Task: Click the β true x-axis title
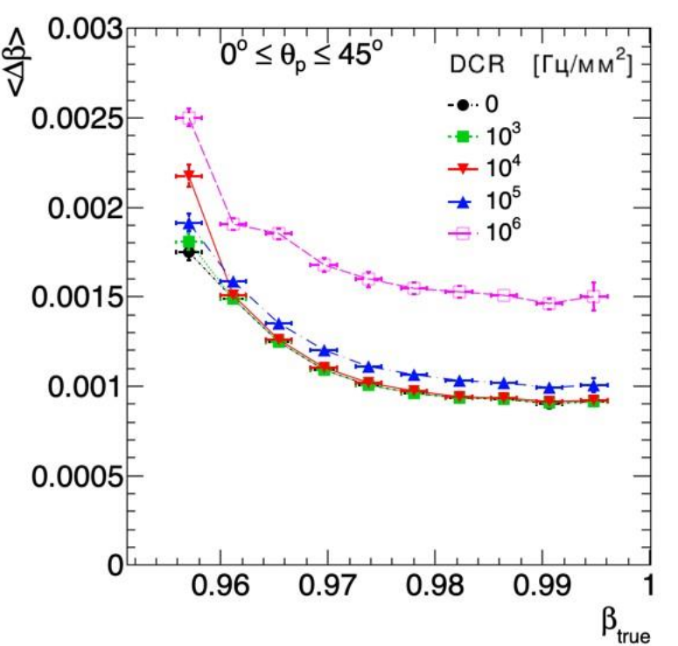click(625, 626)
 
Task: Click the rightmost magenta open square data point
click(594, 297)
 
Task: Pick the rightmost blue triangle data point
click(594, 385)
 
